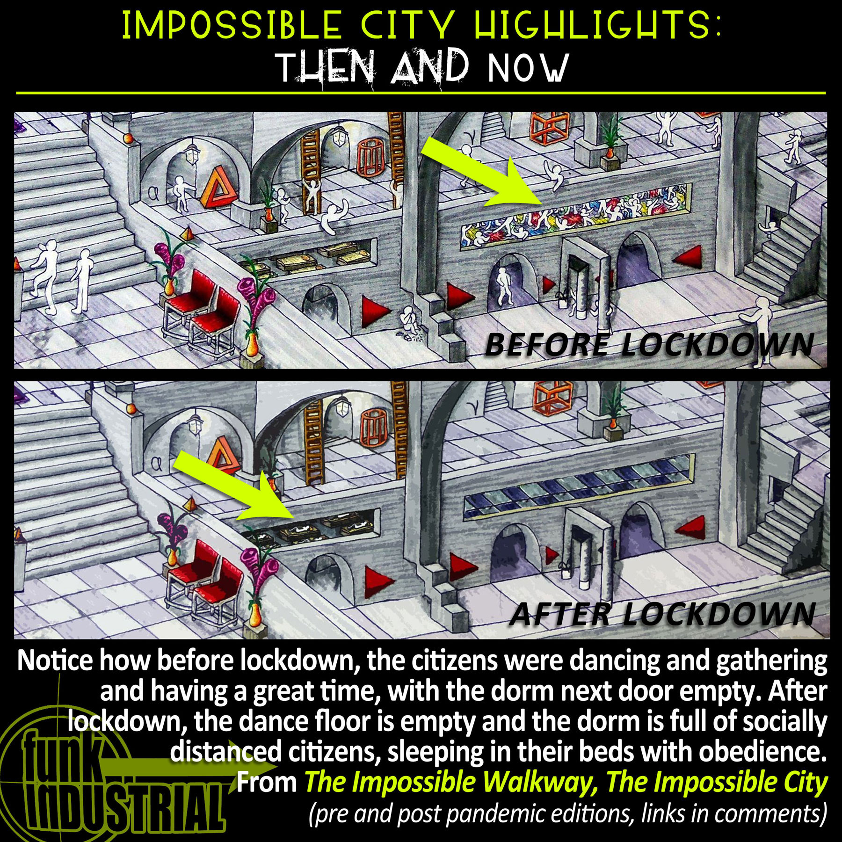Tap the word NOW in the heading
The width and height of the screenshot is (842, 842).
coord(528,68)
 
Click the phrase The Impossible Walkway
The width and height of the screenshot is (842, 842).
coord(442,783)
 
